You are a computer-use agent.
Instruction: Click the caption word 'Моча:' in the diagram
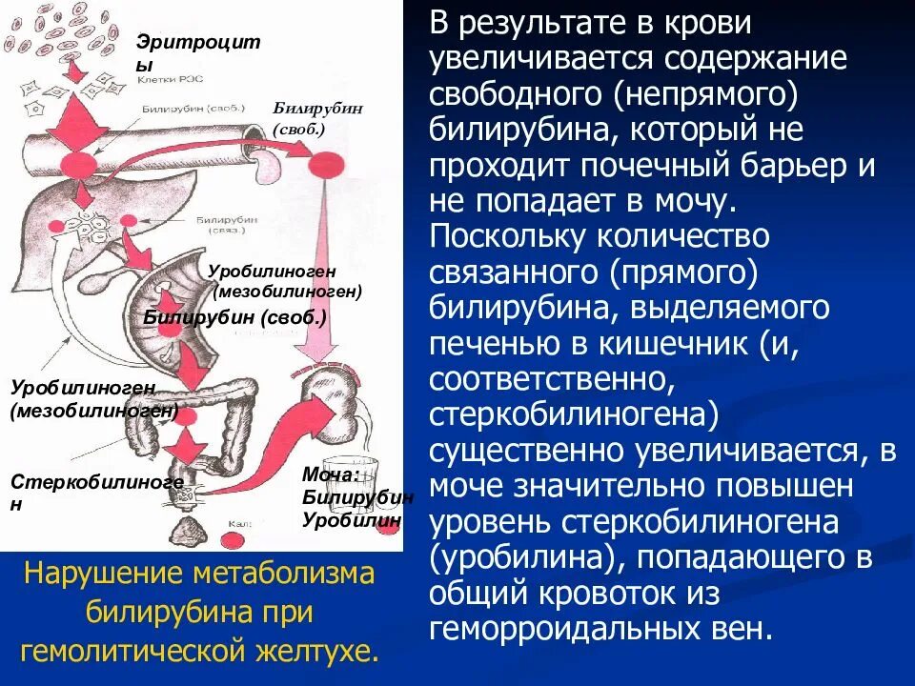point(331,474)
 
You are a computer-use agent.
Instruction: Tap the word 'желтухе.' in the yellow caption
point(327,651)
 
